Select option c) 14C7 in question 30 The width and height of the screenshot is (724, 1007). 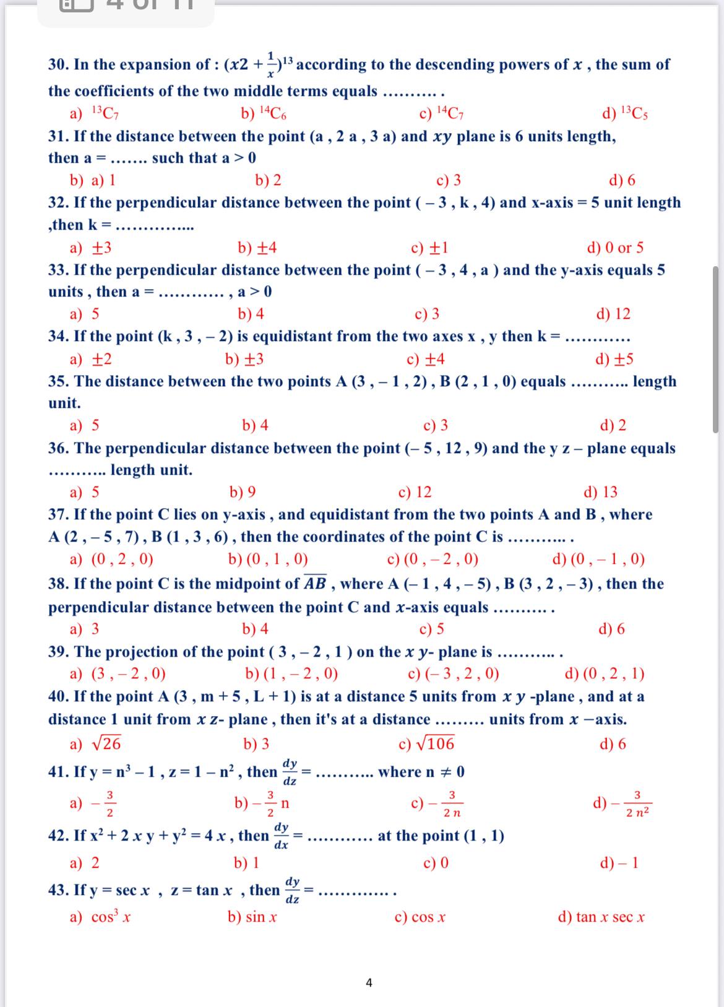click(442, 113)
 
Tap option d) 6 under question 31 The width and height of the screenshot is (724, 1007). click(622, 180)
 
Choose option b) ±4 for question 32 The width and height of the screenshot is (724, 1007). click(257, 248)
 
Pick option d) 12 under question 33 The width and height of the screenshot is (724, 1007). click(613, 314)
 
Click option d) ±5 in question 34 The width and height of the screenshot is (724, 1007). click(614, 359)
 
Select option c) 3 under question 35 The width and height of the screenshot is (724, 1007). click(436, 425)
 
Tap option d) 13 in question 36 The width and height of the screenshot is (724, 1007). click(600, 492)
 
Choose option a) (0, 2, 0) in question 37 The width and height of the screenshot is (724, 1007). click(111, 560)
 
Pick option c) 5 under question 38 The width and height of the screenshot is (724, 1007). click(431, 629)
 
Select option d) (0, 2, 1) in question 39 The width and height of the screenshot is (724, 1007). click(605, 673)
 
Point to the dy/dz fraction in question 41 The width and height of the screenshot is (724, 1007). click(290, 771)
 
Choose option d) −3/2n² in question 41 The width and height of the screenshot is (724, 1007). click(622, 803)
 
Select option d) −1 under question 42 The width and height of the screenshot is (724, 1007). click(619, 862)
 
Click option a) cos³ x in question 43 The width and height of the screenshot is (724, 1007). click(100, 917)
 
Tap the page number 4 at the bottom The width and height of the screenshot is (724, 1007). click(369, 982)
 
